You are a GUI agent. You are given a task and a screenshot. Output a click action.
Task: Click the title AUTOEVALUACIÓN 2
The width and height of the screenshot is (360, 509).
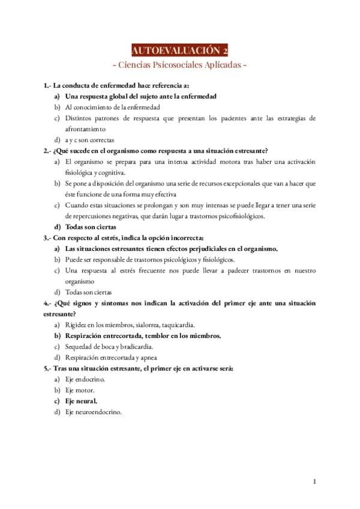[x=179, y=50]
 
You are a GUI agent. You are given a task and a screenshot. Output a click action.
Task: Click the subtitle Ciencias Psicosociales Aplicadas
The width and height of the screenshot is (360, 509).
[x=179, y=64]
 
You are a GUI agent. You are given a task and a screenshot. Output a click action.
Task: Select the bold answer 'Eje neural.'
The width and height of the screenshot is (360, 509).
[x=81, y=401]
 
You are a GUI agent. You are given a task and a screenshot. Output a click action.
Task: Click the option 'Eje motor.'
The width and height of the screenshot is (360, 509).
[x=80, y=390]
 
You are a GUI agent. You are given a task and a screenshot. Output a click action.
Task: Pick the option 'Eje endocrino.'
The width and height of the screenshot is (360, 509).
[x=85, y=379]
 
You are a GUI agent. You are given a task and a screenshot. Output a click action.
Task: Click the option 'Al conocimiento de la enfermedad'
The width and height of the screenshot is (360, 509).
[x=112, y=107]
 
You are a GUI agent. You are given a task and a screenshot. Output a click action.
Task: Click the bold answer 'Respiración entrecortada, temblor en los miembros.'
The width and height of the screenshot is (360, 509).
[x=143, y=336]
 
